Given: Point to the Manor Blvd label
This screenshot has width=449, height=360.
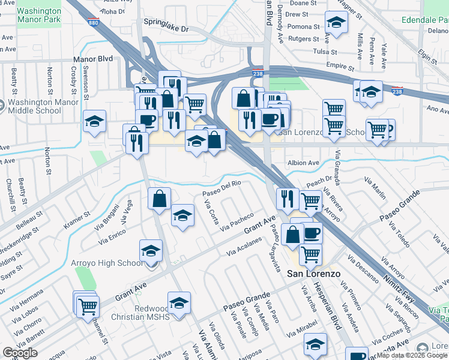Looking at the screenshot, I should [93, 59].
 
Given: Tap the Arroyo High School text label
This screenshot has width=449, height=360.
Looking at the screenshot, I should [106, 263].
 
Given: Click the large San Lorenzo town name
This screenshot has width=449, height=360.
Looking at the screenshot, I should [313, 274].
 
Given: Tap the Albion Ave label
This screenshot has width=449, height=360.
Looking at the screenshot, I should [304, 163].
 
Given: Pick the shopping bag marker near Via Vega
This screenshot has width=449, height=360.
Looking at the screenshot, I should [160, 199].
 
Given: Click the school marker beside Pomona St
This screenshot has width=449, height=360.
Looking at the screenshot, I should [337, 25].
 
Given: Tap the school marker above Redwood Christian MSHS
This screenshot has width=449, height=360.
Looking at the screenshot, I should [179, 304].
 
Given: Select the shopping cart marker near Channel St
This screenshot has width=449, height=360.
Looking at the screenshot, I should [88, 305].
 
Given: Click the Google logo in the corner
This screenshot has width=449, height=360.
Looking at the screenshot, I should [20, 353].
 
